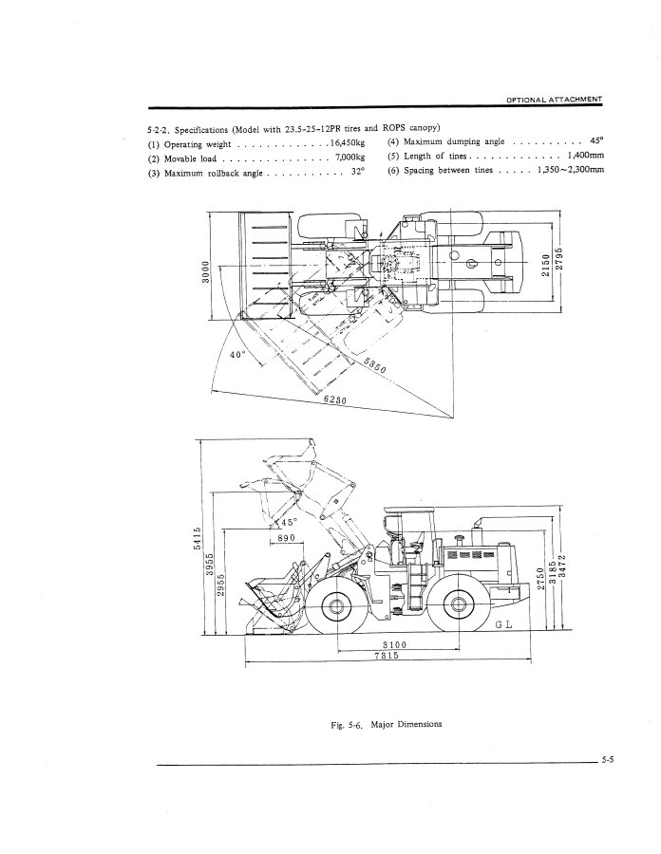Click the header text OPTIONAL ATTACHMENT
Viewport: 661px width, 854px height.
[x=554, y=100]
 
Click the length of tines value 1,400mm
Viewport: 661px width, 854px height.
[x=585, y=158]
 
